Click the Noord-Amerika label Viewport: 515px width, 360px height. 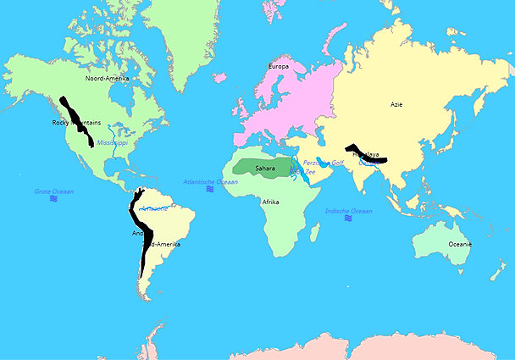coord(108,78)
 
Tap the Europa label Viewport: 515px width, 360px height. coord(278,66)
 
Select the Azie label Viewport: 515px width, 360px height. coord(396,105)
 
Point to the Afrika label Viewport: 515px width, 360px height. coord(271,202)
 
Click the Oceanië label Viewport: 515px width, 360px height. coord(459,244)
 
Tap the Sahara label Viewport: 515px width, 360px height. coord(265,169)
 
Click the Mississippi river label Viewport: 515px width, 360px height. coord(112,143)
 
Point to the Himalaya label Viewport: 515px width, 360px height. coord(366,154)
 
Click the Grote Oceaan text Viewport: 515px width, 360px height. coord(54,191)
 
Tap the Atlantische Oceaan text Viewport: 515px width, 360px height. coord(211,181)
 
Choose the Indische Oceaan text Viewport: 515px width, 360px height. coord(348,210)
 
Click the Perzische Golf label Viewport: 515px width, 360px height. coord(325,162)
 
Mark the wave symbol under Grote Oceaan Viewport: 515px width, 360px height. coord(53,199)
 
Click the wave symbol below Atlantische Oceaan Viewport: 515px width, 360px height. coord(210,189)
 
